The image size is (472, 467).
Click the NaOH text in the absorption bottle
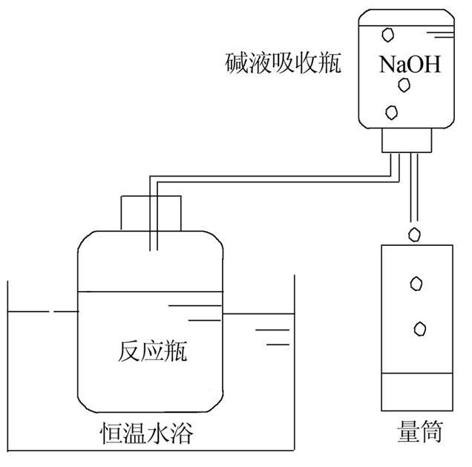410,65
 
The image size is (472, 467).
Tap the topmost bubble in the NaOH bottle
387,34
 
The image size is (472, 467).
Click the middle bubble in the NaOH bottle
404,85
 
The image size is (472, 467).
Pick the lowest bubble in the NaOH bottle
391,113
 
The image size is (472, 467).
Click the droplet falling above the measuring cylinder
415,235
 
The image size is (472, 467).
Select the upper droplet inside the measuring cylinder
416,283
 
